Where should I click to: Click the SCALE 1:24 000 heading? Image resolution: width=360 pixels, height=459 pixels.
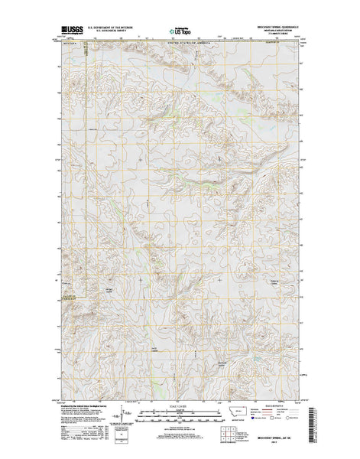pos(180,407)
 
